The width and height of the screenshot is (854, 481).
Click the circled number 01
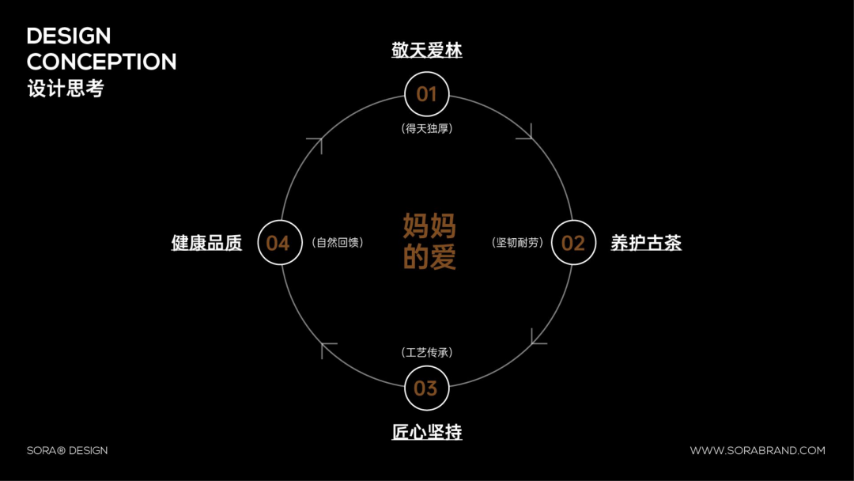427,94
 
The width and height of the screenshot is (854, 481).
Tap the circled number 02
573,243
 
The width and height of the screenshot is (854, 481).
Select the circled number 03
426,388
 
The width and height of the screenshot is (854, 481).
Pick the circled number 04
280,243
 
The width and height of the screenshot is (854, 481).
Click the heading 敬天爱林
427,51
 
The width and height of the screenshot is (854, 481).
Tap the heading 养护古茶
646,243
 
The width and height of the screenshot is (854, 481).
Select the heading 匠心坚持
427,432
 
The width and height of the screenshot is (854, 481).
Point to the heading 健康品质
206,243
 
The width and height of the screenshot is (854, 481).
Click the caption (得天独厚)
427,128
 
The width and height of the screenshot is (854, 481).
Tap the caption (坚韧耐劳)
519,243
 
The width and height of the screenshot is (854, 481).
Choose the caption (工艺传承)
427,353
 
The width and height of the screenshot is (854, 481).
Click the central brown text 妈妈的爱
429,241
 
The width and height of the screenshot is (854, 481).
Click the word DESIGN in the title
69,36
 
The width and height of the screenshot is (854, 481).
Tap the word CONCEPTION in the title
102,62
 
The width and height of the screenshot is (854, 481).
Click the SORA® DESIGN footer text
67,451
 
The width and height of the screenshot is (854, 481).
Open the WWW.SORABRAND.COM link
758,451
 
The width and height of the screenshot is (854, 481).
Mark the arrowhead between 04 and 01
316,144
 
